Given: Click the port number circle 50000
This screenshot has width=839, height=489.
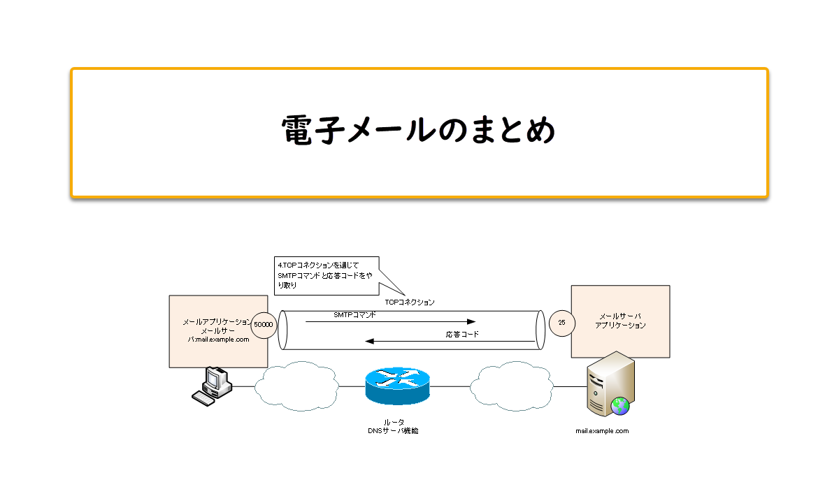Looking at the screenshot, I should [x=264, y=324].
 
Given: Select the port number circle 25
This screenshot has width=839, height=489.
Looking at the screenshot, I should [x=561, y=323].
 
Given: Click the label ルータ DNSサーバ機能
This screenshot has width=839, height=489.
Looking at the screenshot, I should [x=393, y=426].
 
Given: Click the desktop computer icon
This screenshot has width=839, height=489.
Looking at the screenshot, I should [x=214, y=380].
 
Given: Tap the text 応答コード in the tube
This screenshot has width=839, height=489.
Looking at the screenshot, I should [x=462, y=335].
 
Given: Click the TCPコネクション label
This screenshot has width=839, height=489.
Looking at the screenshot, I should [x=410, y=302].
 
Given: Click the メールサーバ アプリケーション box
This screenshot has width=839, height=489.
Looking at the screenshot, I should [x=620, y=321].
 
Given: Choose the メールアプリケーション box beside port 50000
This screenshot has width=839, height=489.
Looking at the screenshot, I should [x=217, y=331].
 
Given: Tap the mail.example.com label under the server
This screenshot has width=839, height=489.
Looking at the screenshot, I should [x=602, y=431].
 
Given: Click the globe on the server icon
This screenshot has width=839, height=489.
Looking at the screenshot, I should [x=619, y=405].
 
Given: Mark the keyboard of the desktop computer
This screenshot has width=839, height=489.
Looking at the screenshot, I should [x=204, y=398].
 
